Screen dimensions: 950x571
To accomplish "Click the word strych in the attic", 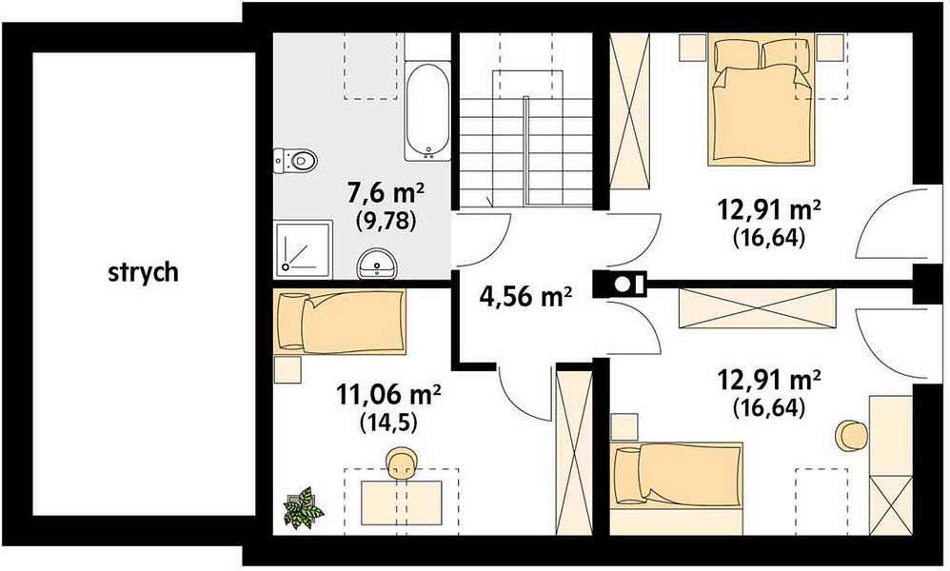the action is click(x=144, y=272).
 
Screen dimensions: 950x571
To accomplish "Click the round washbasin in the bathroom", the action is click(x=377, y=264).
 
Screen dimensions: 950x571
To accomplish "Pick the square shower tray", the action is click(x=303, y=249).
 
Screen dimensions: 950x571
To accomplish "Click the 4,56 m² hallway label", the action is click(x=525, y=296).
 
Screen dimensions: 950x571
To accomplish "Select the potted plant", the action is click(x=303, y=507).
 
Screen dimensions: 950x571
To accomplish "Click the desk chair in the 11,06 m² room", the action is click(x=402, y=463).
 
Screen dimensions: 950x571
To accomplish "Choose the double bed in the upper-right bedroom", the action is click(x=761, y=101).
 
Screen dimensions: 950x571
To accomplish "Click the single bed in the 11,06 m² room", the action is click(x=339, y=322).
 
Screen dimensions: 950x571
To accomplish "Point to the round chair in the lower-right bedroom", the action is click(x=851, y=435).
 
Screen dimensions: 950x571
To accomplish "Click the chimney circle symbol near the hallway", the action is click(x=622, y=284).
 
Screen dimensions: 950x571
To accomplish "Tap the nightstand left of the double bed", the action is click(x=693, y=48).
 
